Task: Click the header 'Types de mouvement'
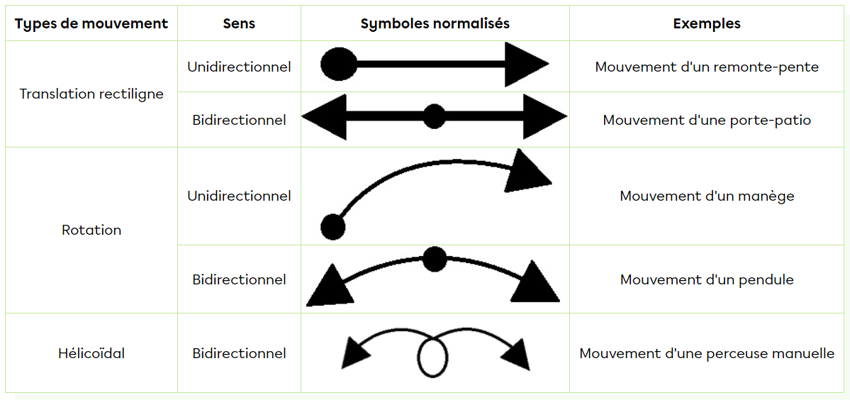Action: click(91, 23)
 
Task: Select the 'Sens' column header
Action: click(239, 23)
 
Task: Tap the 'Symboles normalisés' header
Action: click(435, 23)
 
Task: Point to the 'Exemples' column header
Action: click(707, 23)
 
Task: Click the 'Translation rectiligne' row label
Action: click(91, 94)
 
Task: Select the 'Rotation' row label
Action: click(91, 230)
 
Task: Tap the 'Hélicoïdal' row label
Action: click(91, 353)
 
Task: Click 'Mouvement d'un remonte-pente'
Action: click(707, 67)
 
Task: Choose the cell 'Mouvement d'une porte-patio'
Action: click(707, 120)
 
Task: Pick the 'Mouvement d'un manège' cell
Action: click(707, 196)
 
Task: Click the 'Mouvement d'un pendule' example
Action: click(707, 279)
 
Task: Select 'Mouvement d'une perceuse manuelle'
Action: click(707, 353)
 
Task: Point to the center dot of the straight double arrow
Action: click(434, 116)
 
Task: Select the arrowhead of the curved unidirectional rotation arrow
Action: click(526, 172)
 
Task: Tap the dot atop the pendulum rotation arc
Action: click(434, 259)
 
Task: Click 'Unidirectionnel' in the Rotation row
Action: click(239, 196)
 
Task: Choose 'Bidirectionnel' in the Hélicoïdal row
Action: click(239, 353)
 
